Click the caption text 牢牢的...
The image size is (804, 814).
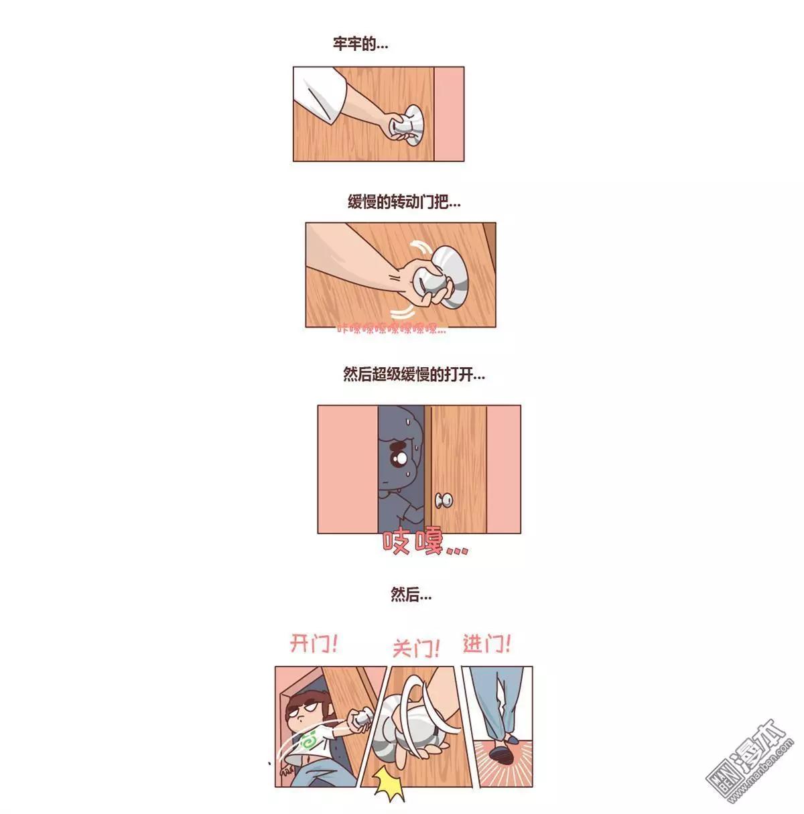pos(360,45)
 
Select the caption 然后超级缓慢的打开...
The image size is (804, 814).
pos(413,375)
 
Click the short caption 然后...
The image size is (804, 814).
pos(411,594)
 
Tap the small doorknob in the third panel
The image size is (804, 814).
pos(444,500)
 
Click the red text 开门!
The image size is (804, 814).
pos(314,645)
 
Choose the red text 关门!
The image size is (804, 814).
pos(415,648)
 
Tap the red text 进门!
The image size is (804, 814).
pos(486,645)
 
